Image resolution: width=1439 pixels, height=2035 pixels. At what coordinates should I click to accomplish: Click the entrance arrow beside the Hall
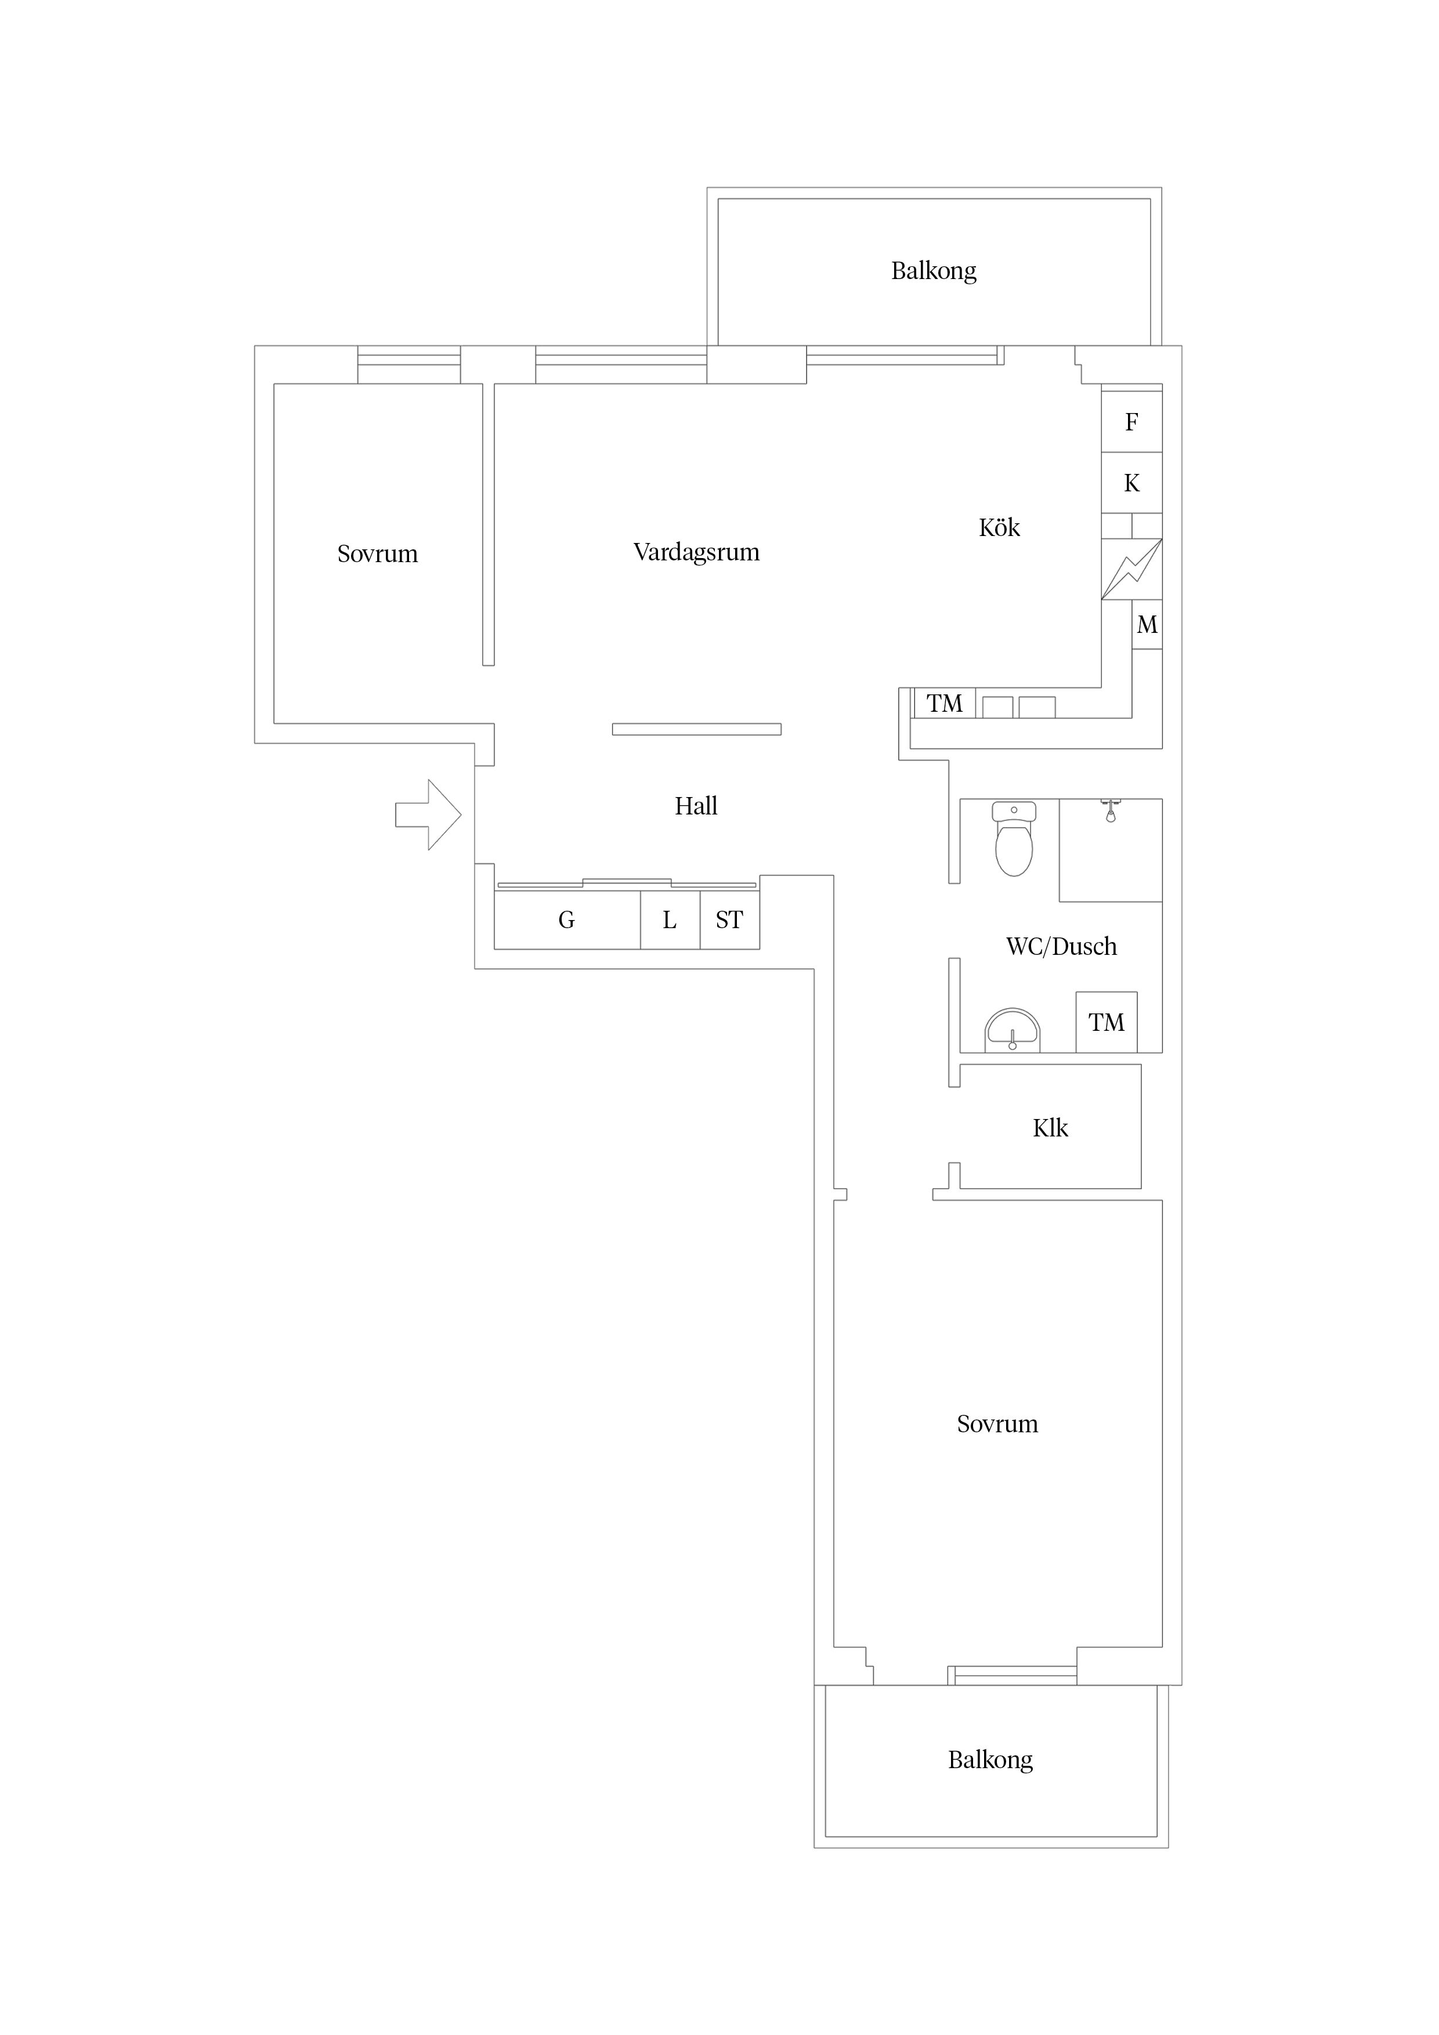428,814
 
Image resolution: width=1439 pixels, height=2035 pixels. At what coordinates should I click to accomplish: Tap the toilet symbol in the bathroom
1014,838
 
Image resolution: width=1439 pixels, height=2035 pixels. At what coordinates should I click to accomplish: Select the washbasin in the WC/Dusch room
1013,1031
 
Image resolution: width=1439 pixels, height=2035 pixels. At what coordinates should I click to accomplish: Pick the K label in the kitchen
1131,484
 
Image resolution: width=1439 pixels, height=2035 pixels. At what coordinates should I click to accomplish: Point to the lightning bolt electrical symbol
1131,570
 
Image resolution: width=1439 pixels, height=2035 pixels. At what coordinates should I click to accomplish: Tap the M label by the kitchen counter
1147,625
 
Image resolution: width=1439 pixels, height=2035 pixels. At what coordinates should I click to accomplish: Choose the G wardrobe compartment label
566,920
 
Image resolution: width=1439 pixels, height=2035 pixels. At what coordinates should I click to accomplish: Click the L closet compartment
670,920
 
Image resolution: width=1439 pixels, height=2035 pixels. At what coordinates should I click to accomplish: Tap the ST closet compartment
730,920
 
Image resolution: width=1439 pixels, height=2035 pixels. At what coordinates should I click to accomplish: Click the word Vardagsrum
697,552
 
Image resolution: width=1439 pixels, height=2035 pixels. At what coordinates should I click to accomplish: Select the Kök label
999,527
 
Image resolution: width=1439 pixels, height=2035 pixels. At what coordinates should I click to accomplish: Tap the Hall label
696,806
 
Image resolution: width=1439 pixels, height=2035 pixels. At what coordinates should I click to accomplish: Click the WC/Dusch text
1061,947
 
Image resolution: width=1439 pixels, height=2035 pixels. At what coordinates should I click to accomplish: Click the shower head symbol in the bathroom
1110,810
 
